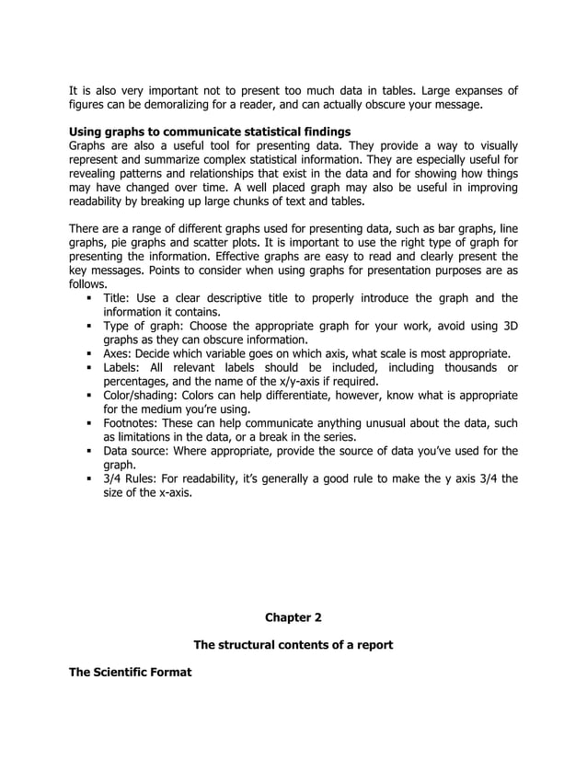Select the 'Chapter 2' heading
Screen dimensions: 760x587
pos(293,616)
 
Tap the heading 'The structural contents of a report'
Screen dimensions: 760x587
pos(293,645)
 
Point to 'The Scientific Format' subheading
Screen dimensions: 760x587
pos(131,673)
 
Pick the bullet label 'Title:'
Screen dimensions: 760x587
pos(119,298)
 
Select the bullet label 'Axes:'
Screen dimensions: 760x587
pos(120,353)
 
